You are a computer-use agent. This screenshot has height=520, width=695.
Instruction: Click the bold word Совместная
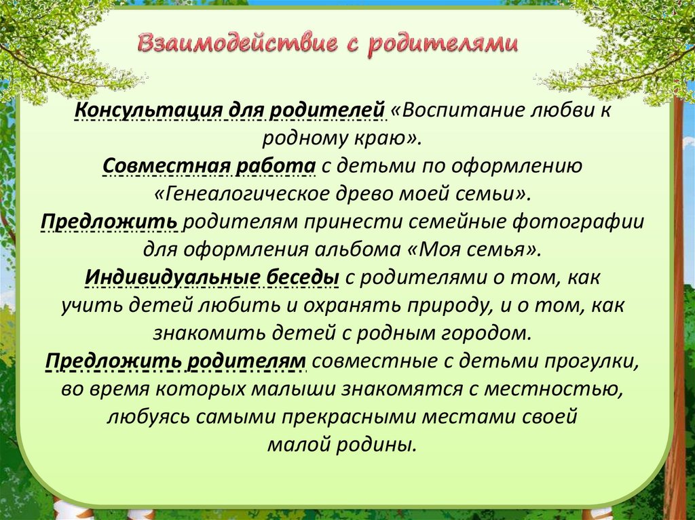[166, 166]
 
